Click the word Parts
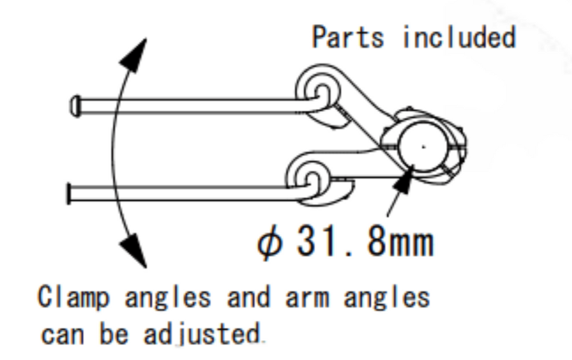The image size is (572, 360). (347, 37)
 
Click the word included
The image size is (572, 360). (459, 37)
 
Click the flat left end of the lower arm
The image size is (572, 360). (68, 194)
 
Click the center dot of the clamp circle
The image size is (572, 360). (423, 146)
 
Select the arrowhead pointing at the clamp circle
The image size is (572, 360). (403, 181)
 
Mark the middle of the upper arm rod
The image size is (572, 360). (193, 107)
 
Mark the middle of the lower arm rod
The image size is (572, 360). (187, 194)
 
